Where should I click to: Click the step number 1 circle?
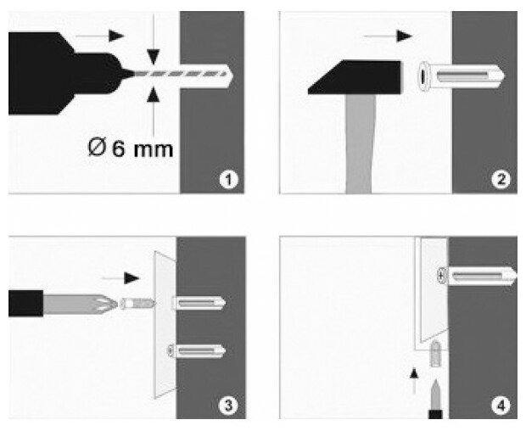[227, 179]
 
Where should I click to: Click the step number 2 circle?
[502, 179]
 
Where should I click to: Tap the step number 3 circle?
[227, 406]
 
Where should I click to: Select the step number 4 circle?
[502, 406]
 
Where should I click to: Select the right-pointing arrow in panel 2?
[392, 36]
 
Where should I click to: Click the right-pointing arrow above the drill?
[100, 36]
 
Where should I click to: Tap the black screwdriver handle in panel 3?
[25, 303]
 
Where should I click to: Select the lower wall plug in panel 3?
[198, 350]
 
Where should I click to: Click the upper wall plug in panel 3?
[198, 303]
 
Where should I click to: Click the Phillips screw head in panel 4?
[440, 275]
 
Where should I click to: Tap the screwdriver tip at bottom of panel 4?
[436, 397]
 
